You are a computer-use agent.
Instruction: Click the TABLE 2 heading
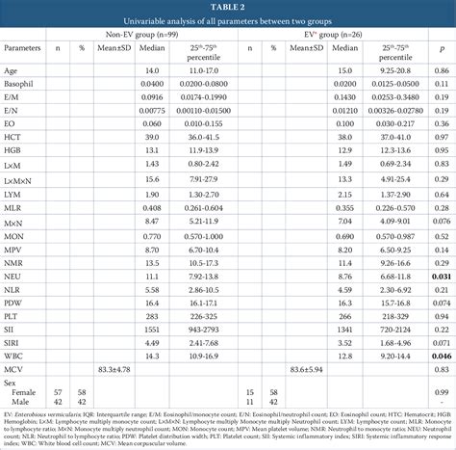point(227,6)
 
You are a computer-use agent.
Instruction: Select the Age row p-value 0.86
point(442,71)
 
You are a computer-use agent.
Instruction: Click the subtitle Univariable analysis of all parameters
point(227,19)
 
